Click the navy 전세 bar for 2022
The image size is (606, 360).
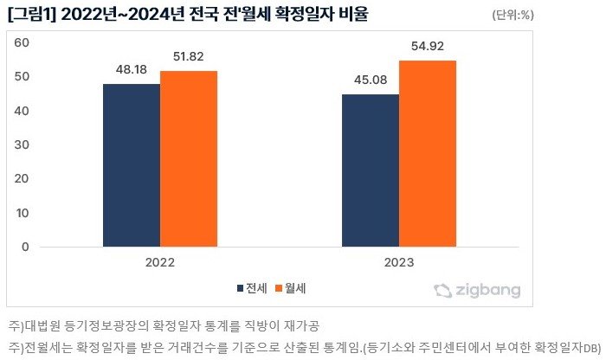click(131, 164)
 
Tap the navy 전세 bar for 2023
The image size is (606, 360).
click(370, 170)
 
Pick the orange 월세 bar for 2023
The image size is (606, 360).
click(428, 153)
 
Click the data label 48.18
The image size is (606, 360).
click(131, 68)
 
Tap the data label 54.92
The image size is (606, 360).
click(427, 45)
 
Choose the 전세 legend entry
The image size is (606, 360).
click(251, 287)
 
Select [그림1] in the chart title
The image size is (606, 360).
click(32, 15)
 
